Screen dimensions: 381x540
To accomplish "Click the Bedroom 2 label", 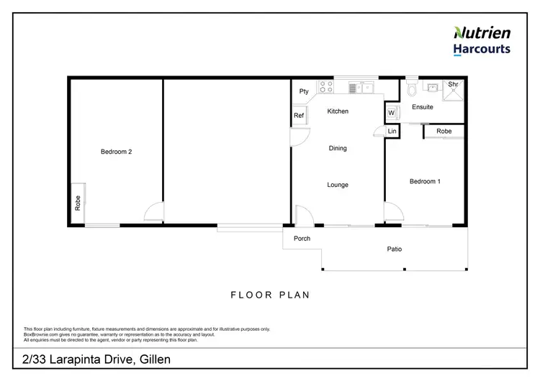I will [116, 152].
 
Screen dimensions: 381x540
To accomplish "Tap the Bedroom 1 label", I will [425, 181].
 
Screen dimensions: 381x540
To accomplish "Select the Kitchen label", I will [338, 111].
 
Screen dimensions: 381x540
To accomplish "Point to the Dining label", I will [338, 148].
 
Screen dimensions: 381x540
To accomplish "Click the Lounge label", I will [338, 185].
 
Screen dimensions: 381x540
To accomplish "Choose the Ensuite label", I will [423, 107].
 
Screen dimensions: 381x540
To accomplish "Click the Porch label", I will [302, 238].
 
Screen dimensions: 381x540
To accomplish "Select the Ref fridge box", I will [299, 116].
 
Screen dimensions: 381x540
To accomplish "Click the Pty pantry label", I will [304, 91].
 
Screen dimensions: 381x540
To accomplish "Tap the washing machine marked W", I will [392, 113].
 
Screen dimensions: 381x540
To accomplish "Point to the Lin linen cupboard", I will [392, 132].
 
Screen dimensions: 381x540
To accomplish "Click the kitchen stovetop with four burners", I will [325, 88].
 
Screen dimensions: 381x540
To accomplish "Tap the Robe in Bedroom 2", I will [77, 203].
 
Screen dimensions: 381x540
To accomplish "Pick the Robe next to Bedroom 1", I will [444, 132].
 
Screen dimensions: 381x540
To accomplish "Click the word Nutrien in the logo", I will [482, 32].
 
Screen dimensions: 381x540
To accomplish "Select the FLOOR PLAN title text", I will [269, 295].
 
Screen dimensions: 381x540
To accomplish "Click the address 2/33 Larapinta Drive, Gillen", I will [96, 359].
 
